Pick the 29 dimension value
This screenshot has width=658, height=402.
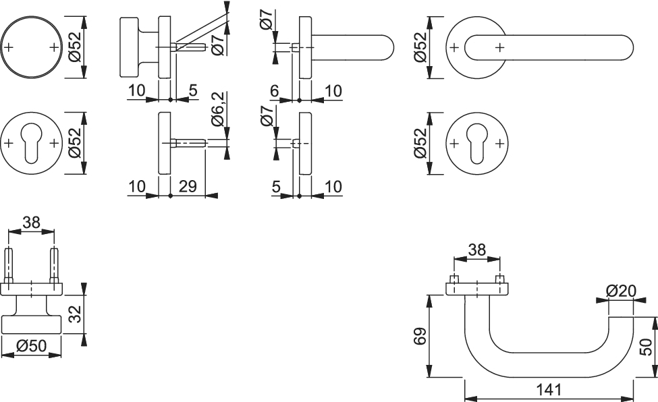(188, 186)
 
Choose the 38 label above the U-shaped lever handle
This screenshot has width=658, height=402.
(476, 250)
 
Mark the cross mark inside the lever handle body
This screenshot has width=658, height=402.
(499, 47)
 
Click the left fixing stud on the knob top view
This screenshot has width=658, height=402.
(9, 266)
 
